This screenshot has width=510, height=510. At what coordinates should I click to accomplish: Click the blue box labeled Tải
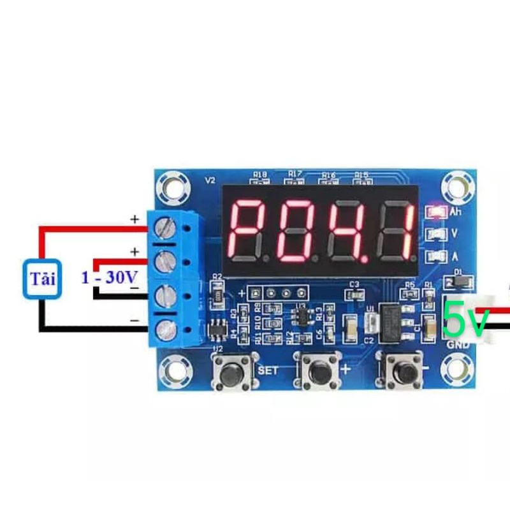click(x=41, y=279)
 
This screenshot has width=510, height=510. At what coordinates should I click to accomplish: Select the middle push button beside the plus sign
click(x=317, y=369)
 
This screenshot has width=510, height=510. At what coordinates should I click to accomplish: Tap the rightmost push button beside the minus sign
click(x=402, y=369)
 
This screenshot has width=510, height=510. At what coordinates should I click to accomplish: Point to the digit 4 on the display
click(x=345, y=230)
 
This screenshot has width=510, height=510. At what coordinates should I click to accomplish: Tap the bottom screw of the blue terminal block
click(x=166, y=329)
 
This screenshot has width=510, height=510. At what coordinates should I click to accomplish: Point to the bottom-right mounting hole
click(x=456, y=368)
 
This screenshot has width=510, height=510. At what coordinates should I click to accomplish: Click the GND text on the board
click(x=458, y=345)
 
